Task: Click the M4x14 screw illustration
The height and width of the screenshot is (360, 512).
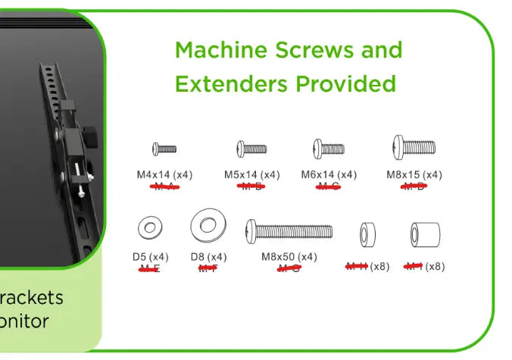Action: click(x=164, y=149)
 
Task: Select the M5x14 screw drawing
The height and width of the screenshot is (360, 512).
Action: click(x=251, y=149)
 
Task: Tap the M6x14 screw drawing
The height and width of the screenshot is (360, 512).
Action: click(x=329, y=149)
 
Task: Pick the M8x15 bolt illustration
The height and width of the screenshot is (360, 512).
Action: click(x=414, y=146)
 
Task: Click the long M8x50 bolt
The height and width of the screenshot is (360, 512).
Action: click(x=289, y=229)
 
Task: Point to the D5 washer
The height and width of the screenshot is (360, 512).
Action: click(x=150, y=227)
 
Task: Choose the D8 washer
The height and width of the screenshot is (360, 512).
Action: click(x=208, y=224)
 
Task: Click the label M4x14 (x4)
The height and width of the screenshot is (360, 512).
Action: click(x=164, y=175)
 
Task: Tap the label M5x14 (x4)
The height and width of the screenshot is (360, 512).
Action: click(x=251, y=175)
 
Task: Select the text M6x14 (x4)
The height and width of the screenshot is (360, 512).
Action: click(x=329, y=175)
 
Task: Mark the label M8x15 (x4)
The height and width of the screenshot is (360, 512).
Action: click(x=414, y=175)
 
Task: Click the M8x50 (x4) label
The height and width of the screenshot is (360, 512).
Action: click(x=289, y=257)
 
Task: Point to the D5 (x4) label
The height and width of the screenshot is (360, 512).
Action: click(x=151, y=257)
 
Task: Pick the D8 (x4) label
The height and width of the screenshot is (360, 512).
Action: click(x=208, y=257)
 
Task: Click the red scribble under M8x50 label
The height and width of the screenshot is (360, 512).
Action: click(x=289, y=268)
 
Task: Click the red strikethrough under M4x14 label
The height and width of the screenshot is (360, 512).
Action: click(x=164, y=186)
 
